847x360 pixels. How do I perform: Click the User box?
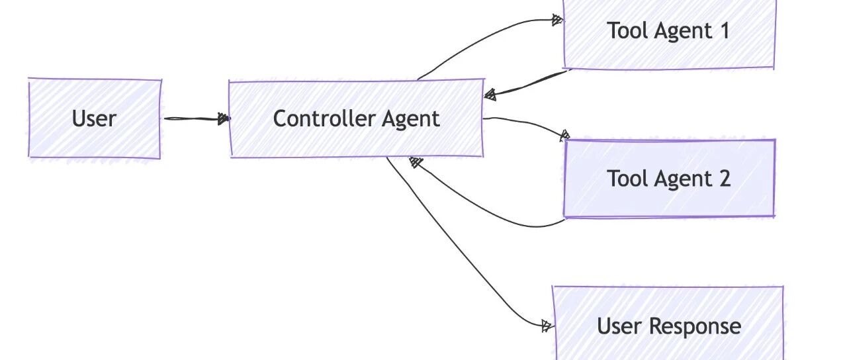(95, 118)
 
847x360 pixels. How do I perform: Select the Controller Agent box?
(357, 118)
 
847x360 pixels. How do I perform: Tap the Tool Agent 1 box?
(669, 34)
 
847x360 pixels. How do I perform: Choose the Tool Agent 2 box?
(669, 179)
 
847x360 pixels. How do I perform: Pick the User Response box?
(668, 324)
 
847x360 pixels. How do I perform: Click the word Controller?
(325, 118)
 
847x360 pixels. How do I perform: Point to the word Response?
(695, 326)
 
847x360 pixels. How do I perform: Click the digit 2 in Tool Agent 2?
(725, 179)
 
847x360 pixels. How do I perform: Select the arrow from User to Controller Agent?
(197, 118)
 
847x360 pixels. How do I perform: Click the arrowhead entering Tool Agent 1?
(557, 20)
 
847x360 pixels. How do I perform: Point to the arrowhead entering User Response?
(547, 326)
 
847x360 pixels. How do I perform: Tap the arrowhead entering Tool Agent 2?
(564, 136)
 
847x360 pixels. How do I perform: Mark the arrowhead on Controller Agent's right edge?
(490, 95)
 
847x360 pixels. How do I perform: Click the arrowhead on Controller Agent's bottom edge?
(415, 162)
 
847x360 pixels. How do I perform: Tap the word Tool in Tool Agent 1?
(629, 30)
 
